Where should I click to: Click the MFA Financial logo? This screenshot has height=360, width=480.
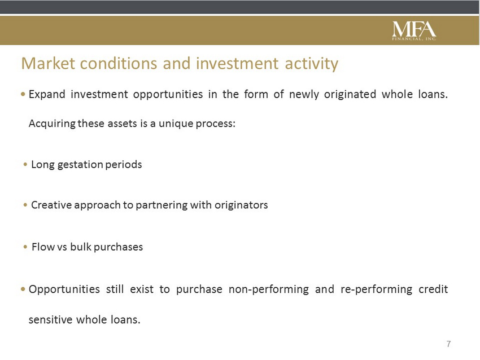click(x=414, y=30)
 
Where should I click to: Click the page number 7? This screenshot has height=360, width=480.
click(x=448, y=344)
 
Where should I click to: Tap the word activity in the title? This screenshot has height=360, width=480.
click(x=311, y=64)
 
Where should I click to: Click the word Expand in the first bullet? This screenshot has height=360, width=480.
click(x=47, y=94)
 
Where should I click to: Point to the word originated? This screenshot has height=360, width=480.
click(x=350, y=94)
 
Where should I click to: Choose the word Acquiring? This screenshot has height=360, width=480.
click(x=52, y=124)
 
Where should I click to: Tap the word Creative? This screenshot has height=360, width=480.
click(x=51, y=205)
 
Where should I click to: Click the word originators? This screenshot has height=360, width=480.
click(x=241, y=205)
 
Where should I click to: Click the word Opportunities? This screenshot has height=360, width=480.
click(x=64, y=289)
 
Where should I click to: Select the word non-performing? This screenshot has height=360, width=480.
click(x=268, y=289)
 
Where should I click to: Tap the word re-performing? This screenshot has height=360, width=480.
click(x=376, y=289)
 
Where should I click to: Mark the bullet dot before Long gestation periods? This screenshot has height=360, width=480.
click(x=25, y=165)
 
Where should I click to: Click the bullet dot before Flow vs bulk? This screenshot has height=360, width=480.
click(x=25, y=247)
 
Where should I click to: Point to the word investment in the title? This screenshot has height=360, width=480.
click(x=237, y=63)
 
